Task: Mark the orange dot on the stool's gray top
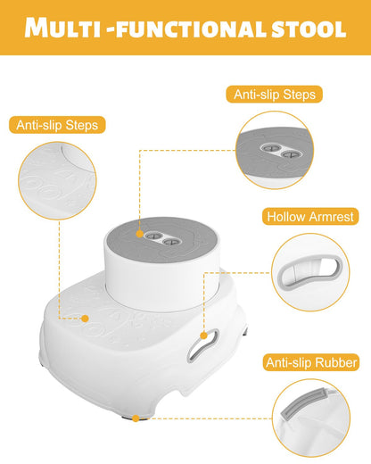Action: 140,234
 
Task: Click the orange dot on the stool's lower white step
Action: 85,319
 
